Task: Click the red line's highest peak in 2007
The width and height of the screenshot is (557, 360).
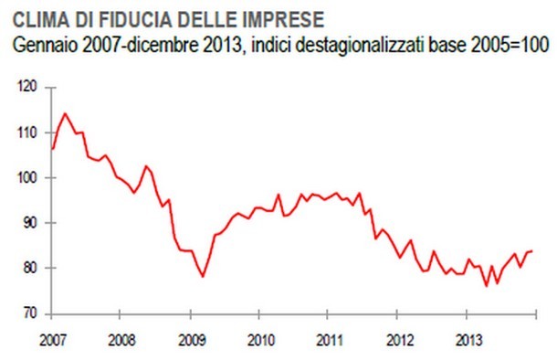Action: [65, 114]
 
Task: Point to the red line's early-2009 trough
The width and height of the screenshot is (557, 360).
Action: [202, 276]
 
